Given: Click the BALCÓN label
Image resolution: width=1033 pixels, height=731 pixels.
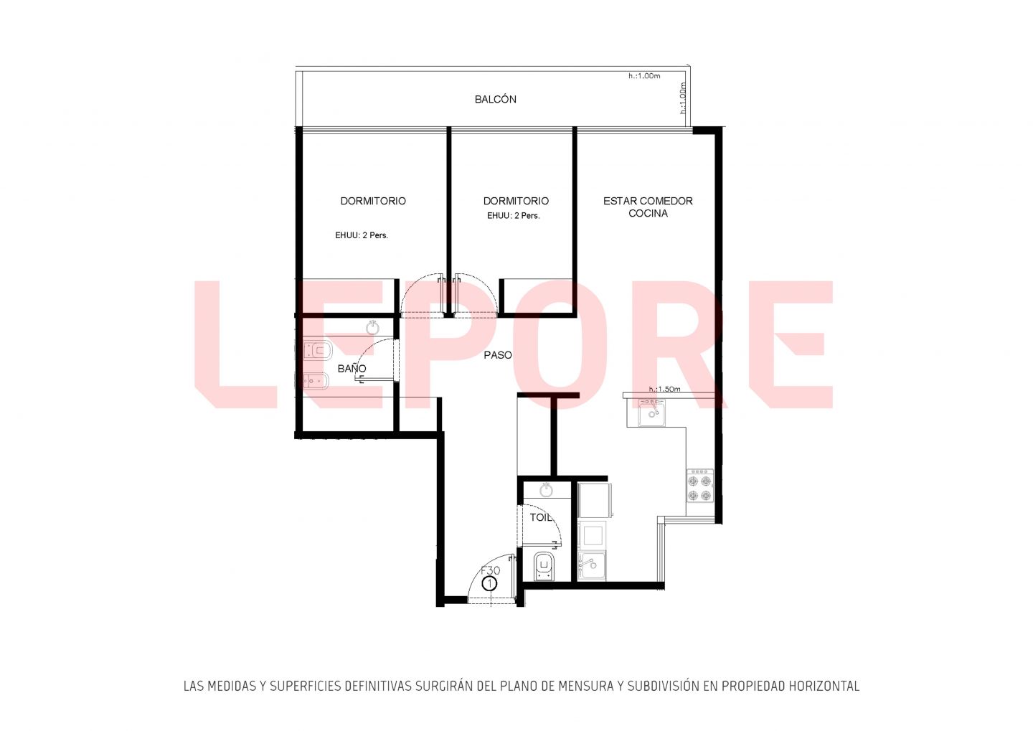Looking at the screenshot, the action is pyautogui.click(x=495, y=99).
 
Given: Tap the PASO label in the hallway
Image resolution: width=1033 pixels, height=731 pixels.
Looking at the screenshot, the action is pyautogui.click(x=498, y=355).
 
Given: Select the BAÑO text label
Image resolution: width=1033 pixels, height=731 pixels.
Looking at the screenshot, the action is pyautogui.click(x=352, y=368).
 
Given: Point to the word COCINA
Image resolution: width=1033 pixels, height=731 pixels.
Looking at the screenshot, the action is pyautogui.click(x=648, y=214).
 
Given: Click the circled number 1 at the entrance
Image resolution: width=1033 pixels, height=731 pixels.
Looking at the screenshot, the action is pyautogui.click(x=489, y=584).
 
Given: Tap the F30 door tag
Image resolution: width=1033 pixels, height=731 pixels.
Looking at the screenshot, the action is pyautogui.click(x=490, y=570).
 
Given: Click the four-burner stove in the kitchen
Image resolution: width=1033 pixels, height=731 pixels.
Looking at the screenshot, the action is pyautogui.click(x=700, y=486).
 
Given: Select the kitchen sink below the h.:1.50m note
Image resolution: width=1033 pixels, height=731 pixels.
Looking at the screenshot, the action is pyautogui.click(x=651, y=412).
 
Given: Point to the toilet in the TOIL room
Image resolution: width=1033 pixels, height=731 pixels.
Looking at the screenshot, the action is pyautogui.click(x=544, y=566).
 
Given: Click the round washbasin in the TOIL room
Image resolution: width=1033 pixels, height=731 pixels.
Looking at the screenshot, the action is pyautogui.click(x=547, y=489).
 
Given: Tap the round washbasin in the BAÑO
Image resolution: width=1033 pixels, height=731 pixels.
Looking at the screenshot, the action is pyautogui.click(x=372, y=327).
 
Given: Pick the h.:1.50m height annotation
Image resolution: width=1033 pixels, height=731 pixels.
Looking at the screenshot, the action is pyautogui.click(x=664, y=389).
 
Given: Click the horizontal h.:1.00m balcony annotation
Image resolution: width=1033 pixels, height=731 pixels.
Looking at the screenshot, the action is pyautogui.click(x=644, y=76).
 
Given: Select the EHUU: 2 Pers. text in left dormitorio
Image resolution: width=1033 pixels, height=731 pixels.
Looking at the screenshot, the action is pyautogui.click(x=362, y=235).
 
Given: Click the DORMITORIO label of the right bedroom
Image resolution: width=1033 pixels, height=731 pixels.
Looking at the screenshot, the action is pyautogui.click(x=516, y=201).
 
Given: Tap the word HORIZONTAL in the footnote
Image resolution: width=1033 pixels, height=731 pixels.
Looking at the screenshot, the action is pyautogui.click(x=824, y=687).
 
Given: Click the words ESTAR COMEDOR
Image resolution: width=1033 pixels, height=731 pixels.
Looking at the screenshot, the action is pyautogui.click(x=648, y=201).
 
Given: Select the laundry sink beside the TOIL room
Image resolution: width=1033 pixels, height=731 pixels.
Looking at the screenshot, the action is pyautogui.click(x=592, y=565).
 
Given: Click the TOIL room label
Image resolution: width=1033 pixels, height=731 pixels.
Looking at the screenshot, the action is pyautogui.click(x=540, y=517).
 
